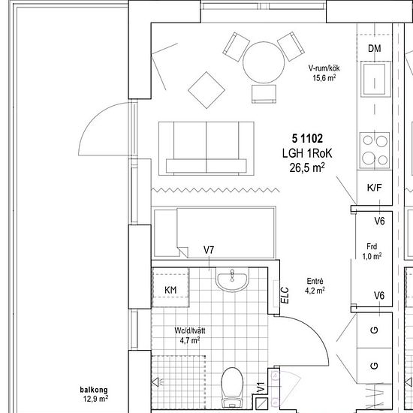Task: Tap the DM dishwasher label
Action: tap(374, 49)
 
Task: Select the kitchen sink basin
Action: tap(374, 79)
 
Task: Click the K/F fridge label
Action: tap(374, 188)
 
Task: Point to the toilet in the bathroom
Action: tap(232, 387)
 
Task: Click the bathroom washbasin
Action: tap(232, 279)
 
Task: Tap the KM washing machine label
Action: tap(170, 291)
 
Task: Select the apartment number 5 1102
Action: tap(307, 139)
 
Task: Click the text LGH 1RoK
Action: tap(307, 153)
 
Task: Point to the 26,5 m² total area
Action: tap(307, 167)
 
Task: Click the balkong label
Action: tap(94, 390)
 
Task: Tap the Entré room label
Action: tap(315, 281)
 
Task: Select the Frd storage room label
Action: tap(372, 246)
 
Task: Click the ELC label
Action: tap(285, 295)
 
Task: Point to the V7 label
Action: tap(209, 250)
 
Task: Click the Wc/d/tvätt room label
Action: tap(190, 330)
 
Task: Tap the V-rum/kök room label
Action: tap(324, 68)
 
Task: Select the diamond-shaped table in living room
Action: tap(206, 90)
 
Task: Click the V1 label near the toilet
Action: tap(261, 388)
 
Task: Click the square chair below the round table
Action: tap(264, 94)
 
